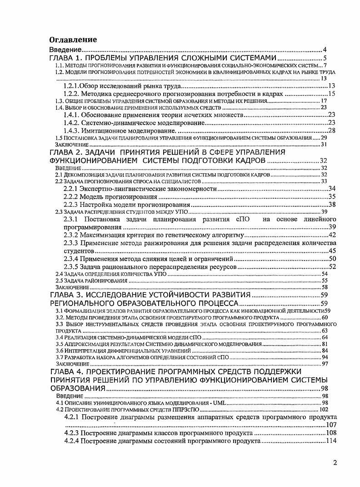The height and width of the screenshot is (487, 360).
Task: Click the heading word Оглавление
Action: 73,40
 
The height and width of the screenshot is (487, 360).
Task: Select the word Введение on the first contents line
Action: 65,49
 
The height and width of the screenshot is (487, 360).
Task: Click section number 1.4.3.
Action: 73,131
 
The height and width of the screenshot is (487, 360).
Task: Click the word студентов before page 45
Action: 78,251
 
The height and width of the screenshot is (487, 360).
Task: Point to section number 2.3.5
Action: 71,266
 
